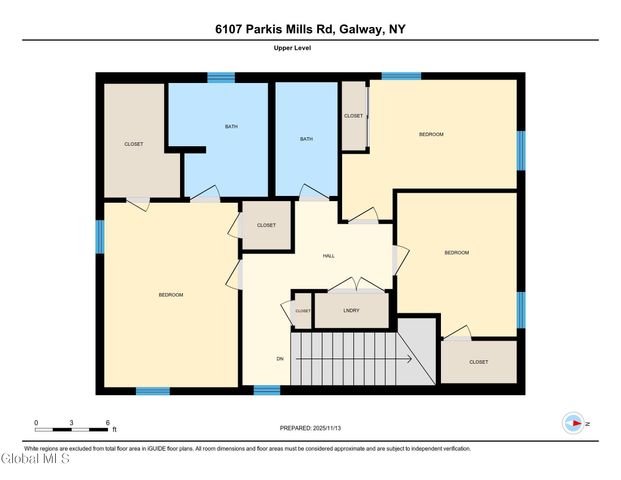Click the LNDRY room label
pos(350,311)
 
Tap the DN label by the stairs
pos(281,358)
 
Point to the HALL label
pos(328,256)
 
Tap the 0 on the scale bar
pos(36,423)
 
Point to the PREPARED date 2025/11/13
pos(310,428)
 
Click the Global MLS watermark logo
pos(35,459)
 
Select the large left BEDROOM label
pos(171,294)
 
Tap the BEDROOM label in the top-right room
pos(431,134)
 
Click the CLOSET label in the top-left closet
pos(133,144)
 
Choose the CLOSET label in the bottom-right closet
pos(478,362)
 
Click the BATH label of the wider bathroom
pos(231,126)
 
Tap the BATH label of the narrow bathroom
pos(306,139)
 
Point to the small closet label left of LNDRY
pos(302,311)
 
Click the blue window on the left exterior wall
pos(100,238)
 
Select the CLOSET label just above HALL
pos(266,225)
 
